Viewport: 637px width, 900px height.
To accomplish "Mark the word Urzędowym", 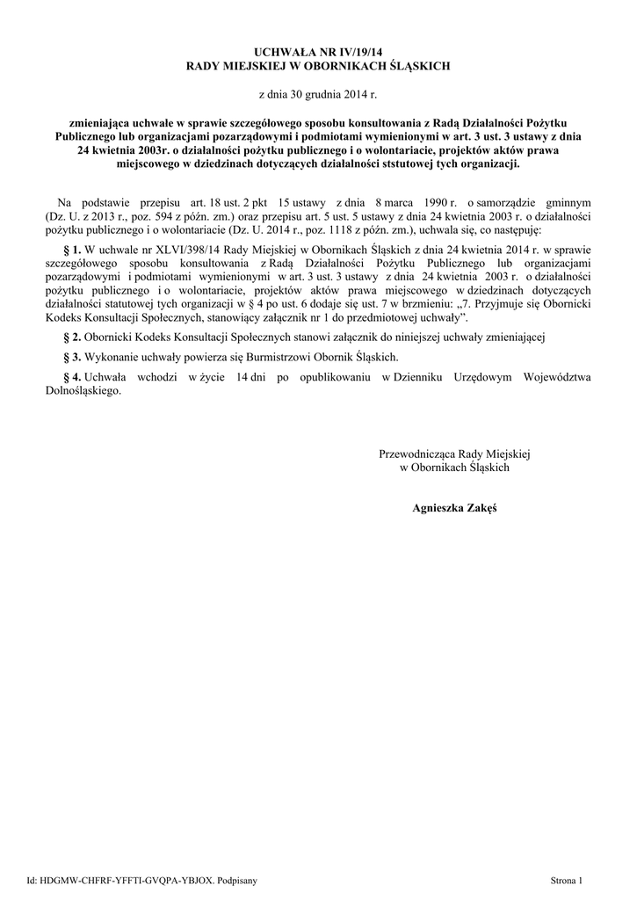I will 483,376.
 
